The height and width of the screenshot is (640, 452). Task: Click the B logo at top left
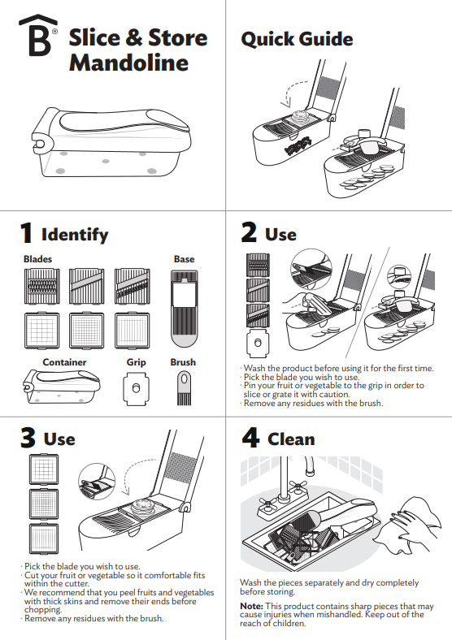(x=38, y=37)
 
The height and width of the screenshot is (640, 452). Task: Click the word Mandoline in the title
(x=128, y=63)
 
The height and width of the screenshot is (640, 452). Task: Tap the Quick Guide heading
(x=297, y=39)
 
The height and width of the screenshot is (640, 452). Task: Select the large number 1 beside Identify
(x=27, y=234)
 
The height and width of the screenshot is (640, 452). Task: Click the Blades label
(x=37, y=259)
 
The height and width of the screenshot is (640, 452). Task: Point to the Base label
(x=184, y=259)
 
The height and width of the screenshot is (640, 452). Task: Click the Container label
(x=64, y=362)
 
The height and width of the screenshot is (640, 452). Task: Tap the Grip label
(x=136, y=362)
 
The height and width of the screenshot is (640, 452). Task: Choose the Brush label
(x=183, y=362)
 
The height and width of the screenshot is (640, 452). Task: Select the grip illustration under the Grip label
(x=136, y=387)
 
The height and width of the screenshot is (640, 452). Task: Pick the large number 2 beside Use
(x=250, y=233)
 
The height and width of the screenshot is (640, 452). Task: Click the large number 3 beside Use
(x=28, y=438)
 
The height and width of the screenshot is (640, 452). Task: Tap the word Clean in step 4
(x=290, y=439)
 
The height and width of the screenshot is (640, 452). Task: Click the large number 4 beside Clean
(x=250, y=438)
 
